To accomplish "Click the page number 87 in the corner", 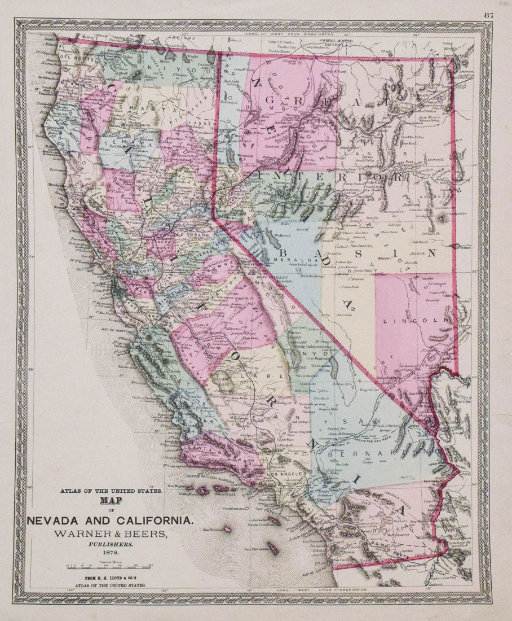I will [x=488, y=16].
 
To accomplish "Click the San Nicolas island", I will [x=227, y=530].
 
